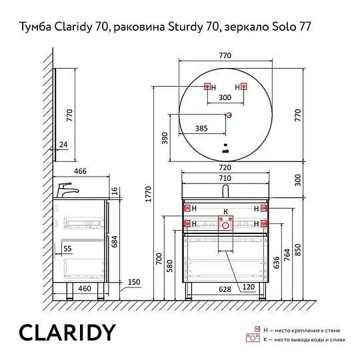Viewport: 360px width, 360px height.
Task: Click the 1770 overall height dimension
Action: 149,194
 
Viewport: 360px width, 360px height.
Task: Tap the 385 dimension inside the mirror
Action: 201,129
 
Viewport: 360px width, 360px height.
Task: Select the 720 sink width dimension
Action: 225,167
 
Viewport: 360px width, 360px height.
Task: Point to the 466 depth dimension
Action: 80,171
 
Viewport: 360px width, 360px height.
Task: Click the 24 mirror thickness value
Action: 63,145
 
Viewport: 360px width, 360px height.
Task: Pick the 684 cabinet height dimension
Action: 114,241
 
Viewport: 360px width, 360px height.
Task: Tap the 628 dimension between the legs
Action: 225,289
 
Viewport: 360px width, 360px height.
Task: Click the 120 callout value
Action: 249,287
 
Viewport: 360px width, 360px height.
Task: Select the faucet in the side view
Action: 67,190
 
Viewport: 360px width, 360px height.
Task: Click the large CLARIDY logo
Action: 67,333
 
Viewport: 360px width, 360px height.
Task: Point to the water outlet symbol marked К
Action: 225,223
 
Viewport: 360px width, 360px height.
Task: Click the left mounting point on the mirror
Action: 207,87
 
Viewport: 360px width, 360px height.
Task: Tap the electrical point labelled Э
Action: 226,115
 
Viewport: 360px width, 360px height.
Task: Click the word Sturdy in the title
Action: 185,27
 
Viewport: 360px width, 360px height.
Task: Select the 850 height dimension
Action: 297,250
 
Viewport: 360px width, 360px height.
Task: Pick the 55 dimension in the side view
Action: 67,249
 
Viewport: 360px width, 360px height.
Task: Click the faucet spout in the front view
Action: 225,191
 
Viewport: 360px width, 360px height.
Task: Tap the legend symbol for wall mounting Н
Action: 257,329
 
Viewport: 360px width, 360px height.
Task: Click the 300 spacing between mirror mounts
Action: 225,97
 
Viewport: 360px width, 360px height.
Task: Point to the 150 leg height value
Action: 134,282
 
